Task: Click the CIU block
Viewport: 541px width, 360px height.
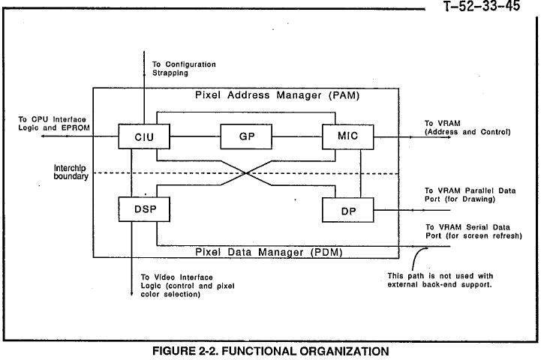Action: click(x=143, y=137)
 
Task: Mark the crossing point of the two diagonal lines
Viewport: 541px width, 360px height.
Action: click(x=247, y=173)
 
